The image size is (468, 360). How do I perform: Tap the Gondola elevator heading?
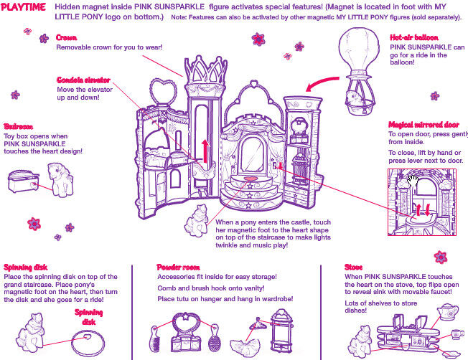pyautogui.click(x=83, y=80)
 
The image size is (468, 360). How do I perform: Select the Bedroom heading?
pyautogui.click(x=19, y=125)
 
